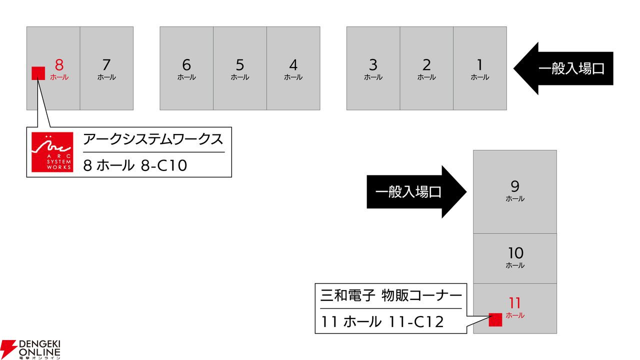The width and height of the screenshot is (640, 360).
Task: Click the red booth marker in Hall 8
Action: click(x=38, y=73)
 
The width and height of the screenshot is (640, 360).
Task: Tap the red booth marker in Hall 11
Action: click(x=495, y=319)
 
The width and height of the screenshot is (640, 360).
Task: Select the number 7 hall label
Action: click(x=106, y=65)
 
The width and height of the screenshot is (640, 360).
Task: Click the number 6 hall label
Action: click(x=186, y=65)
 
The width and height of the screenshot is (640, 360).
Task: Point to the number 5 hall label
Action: click(x=240, y=65)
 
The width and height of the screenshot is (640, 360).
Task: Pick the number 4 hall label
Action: click(x=293, y=65)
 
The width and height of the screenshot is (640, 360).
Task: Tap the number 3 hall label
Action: click(x=373, y=65)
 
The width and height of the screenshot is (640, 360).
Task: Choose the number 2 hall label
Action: click(x=426, y=65)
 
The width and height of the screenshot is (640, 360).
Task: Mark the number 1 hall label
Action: click(x=480, y=65)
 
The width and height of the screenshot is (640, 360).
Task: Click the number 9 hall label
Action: click(x=515, y=186)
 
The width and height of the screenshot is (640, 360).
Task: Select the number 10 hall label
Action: click(x=515, y=253)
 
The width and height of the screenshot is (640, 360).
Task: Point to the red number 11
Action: click(x=515, y=303)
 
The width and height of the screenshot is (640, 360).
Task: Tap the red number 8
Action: click(x=59, y=65)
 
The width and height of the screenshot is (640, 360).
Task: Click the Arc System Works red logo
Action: click(x=52, y=152)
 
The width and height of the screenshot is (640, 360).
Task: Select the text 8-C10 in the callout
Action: click(x=164, y=165)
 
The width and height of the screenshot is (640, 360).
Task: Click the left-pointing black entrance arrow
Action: click(x=563, y=68)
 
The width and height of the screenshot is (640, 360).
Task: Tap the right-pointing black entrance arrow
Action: click(x=417, y=191)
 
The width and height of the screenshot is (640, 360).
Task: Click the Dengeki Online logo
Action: click(x=30, y=349)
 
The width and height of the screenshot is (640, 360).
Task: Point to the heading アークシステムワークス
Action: click(x=153, y=139)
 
